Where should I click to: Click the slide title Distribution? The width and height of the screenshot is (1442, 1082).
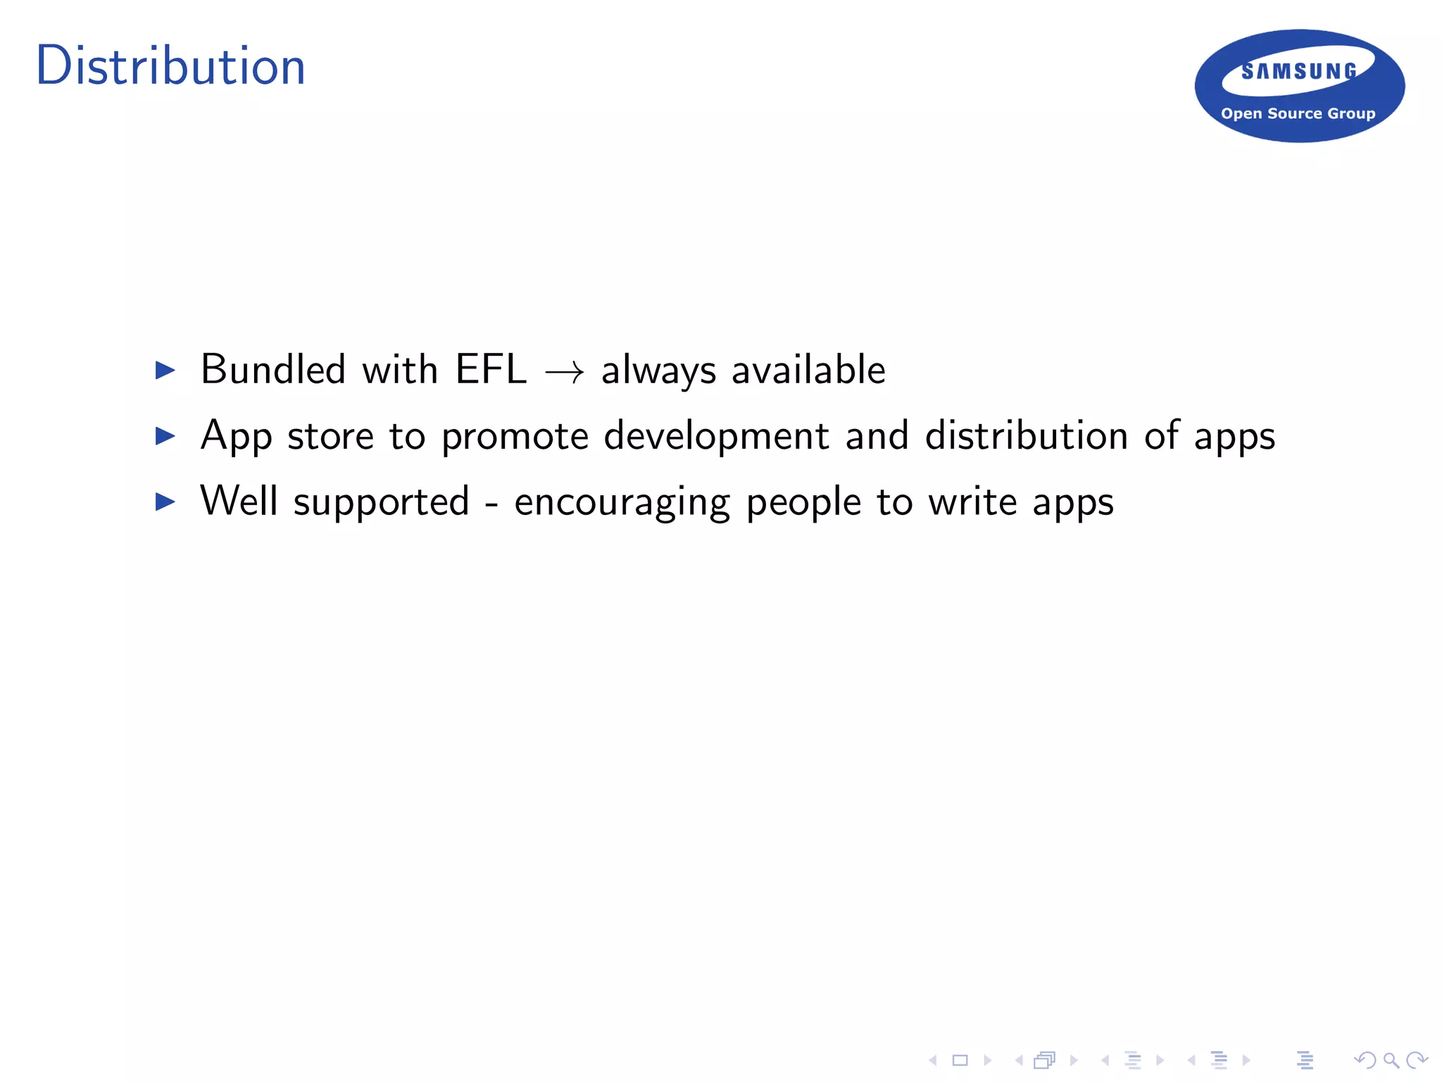pyautogui.click(x=170, y=66)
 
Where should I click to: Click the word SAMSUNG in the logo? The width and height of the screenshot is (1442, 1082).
pyautogui.click(x=1299, y=71)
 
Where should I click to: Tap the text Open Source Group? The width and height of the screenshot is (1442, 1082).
pyautogui.click(x=1298, y=113)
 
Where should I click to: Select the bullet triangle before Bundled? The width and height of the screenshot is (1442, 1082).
pyautogui.click(x=165, y=370)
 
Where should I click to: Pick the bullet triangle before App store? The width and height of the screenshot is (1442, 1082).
pyautogui.click(x=165, y=436)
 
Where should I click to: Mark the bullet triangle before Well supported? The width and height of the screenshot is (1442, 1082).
pyautogui.click(x=165, y=502)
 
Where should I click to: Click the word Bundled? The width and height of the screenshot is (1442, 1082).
pyautogui.click(x=273, y=369)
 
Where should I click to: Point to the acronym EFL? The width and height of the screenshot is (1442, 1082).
pyautogui.click(x=491, y=369)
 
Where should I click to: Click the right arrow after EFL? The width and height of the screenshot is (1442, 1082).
pyautogui.click(x=565, y=372)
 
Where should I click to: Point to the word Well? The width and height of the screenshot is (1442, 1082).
pyautogui.click(x=239, y=501)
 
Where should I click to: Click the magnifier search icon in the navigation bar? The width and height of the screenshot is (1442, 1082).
pyautogui.click(x=1391, y=1060)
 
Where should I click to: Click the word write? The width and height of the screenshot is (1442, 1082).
pyautogui.click(x=972, y=502)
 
